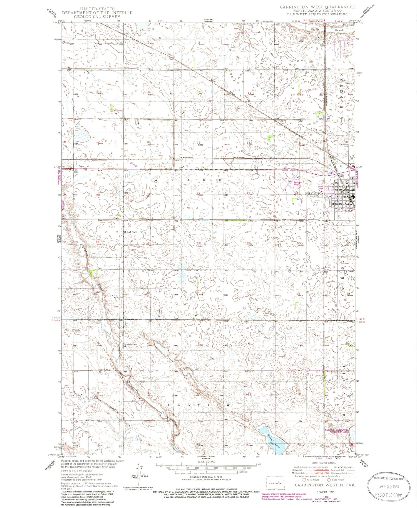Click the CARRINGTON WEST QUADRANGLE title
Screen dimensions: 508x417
[x=317, y=7]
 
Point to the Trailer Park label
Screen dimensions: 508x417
[x=322, y=188]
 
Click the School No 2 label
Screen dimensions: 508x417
[x=131, y=232]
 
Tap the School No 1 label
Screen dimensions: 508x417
[x=105, y=370]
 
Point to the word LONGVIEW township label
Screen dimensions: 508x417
[x=194, y=405]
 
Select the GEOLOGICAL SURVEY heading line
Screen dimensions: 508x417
[x=97, y=16]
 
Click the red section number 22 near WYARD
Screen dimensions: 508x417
[x=198, y=194]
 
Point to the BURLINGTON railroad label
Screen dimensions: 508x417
[x=187, y=157]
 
